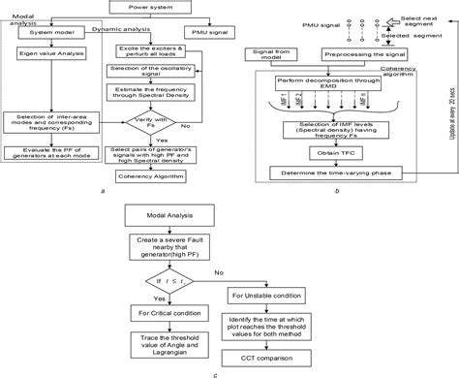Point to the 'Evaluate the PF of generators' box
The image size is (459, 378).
(x=52, y=153)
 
